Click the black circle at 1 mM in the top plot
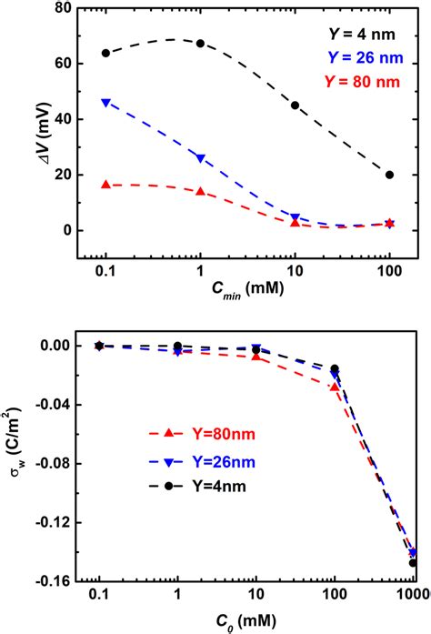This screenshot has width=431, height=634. pyautogui.click(x=200, y=43)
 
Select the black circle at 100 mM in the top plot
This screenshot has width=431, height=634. pyautogui.click(x=389, y=175)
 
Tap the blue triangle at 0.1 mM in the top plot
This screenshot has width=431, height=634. pyautogui.click(x=105, y=103)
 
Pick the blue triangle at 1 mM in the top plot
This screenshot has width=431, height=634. pyautogui.click(x=200, y=158)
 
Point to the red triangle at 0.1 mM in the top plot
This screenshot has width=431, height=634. pyautogui.click(x=105, y=185)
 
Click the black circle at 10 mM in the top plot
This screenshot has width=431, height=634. pyautogui.click(x=295, y=105)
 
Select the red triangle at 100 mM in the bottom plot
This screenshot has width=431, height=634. pyautogui.click(x=335, y=387)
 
